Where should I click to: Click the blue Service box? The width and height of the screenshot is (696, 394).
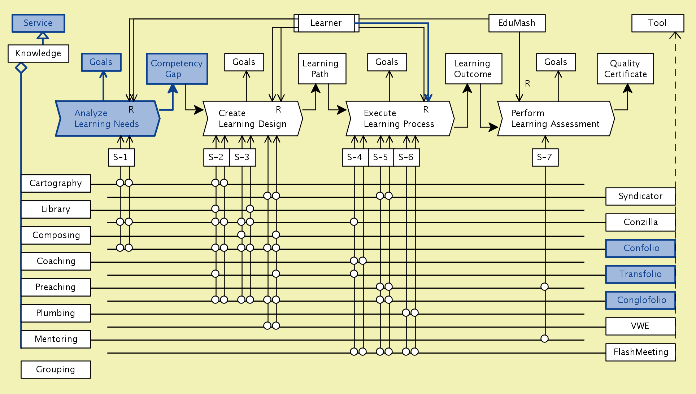[x=38, y=23]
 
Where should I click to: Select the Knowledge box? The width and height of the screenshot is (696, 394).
[x=38, y=53]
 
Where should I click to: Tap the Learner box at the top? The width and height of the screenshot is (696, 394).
[x=326, y=23]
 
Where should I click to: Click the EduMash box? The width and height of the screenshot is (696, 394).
[x=517, y=23]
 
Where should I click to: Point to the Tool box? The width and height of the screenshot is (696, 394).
[x=657, y=23]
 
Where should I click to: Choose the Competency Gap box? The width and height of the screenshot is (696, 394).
[x=177, y=69]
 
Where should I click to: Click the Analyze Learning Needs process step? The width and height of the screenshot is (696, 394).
[x=107, y=118]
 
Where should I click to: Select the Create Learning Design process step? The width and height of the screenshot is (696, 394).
[x=252, y=118]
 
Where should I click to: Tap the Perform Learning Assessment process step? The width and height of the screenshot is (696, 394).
[x=555, y=118]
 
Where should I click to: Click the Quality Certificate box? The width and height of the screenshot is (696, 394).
[x=625, y=69]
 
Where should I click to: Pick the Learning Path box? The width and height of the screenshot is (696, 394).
[x=322, y=69]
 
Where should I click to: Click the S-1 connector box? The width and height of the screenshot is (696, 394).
[x=121, y=157]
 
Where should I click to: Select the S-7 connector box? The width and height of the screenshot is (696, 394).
[x=545, y=157]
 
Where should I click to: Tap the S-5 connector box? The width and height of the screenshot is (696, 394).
[x=380, y=157]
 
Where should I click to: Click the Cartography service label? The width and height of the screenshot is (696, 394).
[x=56, y=183]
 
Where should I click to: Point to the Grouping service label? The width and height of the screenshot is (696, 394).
[x=56, y=369]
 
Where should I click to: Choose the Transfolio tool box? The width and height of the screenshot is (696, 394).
[x=640, y=274]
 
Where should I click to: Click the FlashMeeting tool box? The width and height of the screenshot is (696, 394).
[x=640, y=352]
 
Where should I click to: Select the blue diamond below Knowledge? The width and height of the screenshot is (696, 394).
[x=21, y=67]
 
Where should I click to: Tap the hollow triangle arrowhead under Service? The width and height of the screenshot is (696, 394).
[x=43, y=35]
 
